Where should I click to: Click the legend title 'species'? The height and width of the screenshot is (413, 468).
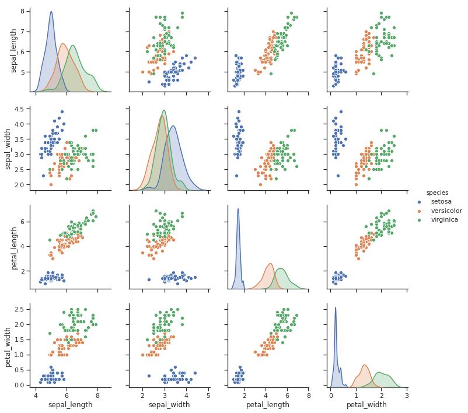[x=437, y=192]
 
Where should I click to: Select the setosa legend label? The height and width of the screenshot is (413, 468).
[x=442, y=202]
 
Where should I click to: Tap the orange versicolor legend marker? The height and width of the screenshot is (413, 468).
[x=418, y=211]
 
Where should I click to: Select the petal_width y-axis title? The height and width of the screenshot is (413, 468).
[x=9, y=346]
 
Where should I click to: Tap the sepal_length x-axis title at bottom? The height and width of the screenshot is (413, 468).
[x=70, y=405]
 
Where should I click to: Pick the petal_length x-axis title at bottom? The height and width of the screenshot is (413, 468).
[x=268, y=405]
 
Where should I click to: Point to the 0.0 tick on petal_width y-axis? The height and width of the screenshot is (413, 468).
[x=22, y=384]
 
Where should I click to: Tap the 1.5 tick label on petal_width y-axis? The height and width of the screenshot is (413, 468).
[x=22, y=339]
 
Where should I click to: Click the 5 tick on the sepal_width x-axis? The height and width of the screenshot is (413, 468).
[x=208, y=394]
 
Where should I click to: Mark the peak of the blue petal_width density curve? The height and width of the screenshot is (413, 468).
[x=336, y=307]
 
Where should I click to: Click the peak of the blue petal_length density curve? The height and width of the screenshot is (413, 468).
[x=238, y=209]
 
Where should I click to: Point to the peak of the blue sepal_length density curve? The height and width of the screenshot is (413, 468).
[x=51, y=12]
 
